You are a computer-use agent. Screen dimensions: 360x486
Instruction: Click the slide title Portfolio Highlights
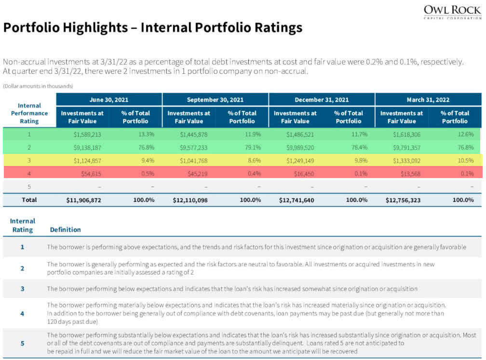153,28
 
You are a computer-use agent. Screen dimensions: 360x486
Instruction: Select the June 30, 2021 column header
109,99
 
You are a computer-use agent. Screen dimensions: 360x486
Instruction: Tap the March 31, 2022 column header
428,99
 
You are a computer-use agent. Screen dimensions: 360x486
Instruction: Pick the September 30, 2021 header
215,99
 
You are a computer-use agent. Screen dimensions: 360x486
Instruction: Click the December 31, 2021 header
322,99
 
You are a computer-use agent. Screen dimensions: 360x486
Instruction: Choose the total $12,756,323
404,200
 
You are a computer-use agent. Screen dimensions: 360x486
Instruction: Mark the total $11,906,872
83,200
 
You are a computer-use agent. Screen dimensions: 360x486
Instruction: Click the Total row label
29,199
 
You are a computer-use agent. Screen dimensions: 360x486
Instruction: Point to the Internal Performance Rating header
29,113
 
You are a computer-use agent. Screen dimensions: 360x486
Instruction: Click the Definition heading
66,230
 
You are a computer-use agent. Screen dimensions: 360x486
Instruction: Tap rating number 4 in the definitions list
22,314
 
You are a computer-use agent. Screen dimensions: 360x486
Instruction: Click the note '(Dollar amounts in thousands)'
38,86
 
